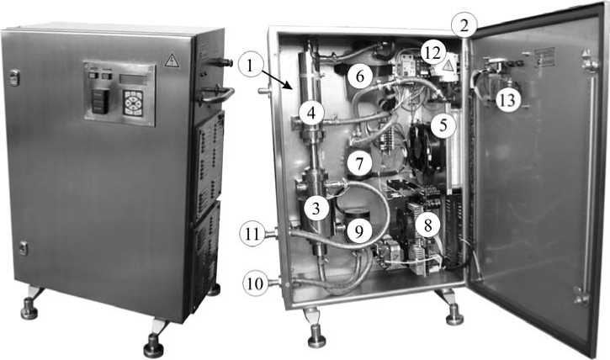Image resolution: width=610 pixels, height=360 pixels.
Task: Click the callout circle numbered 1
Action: click(250, 66)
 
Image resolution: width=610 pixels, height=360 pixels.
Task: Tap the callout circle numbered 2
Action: click(464, 26)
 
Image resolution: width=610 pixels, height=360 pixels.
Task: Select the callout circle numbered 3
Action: click(316, 209)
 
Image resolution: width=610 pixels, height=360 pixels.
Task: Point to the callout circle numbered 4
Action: click(310, 113)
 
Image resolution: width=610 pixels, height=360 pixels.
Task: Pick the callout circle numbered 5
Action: click(443, 125)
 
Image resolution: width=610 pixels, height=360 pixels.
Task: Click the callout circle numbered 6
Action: click(360, 76)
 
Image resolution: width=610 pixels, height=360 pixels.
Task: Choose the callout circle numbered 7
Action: click(359, 163)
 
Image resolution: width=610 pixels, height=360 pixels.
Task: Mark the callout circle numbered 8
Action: click(427, 225)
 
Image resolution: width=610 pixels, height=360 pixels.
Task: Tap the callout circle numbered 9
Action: click(358, 231)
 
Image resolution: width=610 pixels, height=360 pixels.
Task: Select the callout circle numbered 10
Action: click(255, 283)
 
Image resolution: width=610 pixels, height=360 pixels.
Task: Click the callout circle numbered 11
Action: click(252, 234)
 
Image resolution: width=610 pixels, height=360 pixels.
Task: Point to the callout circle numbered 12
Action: click(432, 52)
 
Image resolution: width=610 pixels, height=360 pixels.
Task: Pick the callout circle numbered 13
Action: click(507, 100)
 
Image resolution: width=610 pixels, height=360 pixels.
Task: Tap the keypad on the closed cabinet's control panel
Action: click(133, 103)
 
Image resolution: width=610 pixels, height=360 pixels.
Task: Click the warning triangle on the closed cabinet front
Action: click(172, 61)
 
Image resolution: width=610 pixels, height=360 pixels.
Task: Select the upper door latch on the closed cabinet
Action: click(14, 77)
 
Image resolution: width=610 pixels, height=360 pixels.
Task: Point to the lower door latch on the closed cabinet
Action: click(23, 248)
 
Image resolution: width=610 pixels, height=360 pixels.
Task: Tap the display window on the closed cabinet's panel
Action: click(133, 79)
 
